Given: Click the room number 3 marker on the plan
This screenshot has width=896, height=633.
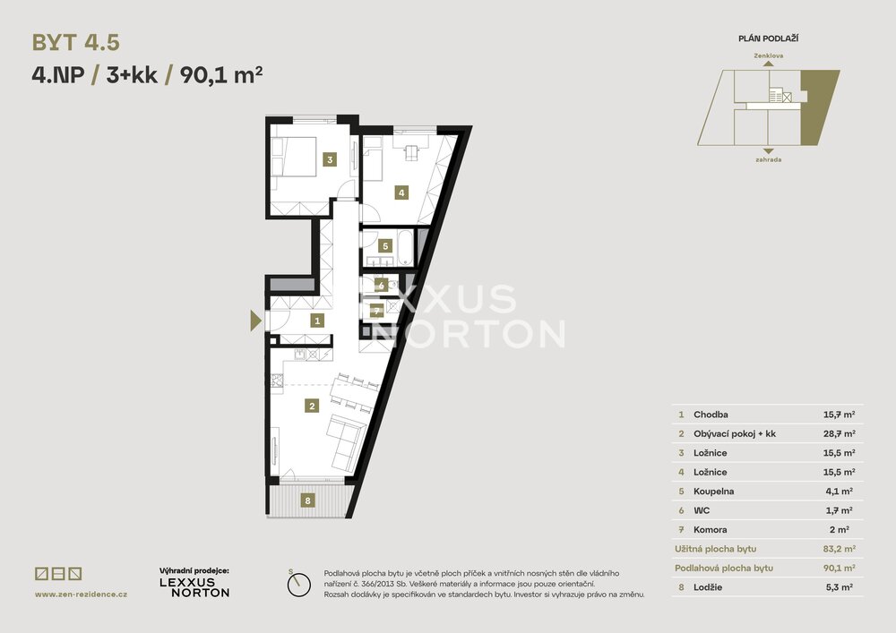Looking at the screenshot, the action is [x=330, y=160].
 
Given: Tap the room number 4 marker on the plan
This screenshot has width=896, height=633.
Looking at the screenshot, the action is [x=401, y=192].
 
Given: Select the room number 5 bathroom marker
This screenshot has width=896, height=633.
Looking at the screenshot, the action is [x=385, y=246].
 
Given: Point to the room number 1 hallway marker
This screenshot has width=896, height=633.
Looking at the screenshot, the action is [x=317, y=321].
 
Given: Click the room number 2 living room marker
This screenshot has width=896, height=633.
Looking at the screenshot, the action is [x=312, y=406].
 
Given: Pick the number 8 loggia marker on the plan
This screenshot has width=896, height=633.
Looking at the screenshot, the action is [x=307, y=500].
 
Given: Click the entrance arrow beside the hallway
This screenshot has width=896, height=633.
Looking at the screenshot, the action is [x=256, y=321].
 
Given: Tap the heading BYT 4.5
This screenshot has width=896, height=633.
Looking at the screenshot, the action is [x=76, y=43].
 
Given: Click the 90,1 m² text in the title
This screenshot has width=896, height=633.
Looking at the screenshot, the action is [x=221, y=75].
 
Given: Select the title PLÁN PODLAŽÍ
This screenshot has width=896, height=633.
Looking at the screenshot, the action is [x=769, y=38].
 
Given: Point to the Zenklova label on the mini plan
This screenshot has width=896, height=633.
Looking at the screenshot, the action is [x=769, y=56].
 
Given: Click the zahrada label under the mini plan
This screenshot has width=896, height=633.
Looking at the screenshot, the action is [x=769, y=160].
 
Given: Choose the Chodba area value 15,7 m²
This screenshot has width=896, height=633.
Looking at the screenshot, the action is [x=839, y=415].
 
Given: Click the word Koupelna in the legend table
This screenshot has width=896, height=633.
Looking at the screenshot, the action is [x=714, y=491].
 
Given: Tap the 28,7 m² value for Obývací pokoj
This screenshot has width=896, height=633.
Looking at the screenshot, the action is [x=839, y=434].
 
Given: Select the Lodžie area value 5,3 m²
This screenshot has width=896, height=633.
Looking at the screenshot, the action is [x=839, y=586].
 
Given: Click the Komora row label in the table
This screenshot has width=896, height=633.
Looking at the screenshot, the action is [x=711, y=530].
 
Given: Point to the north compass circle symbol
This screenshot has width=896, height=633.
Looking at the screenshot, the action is [x=299, y=585].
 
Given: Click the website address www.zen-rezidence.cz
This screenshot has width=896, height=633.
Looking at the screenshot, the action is [x=82, y=595].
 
